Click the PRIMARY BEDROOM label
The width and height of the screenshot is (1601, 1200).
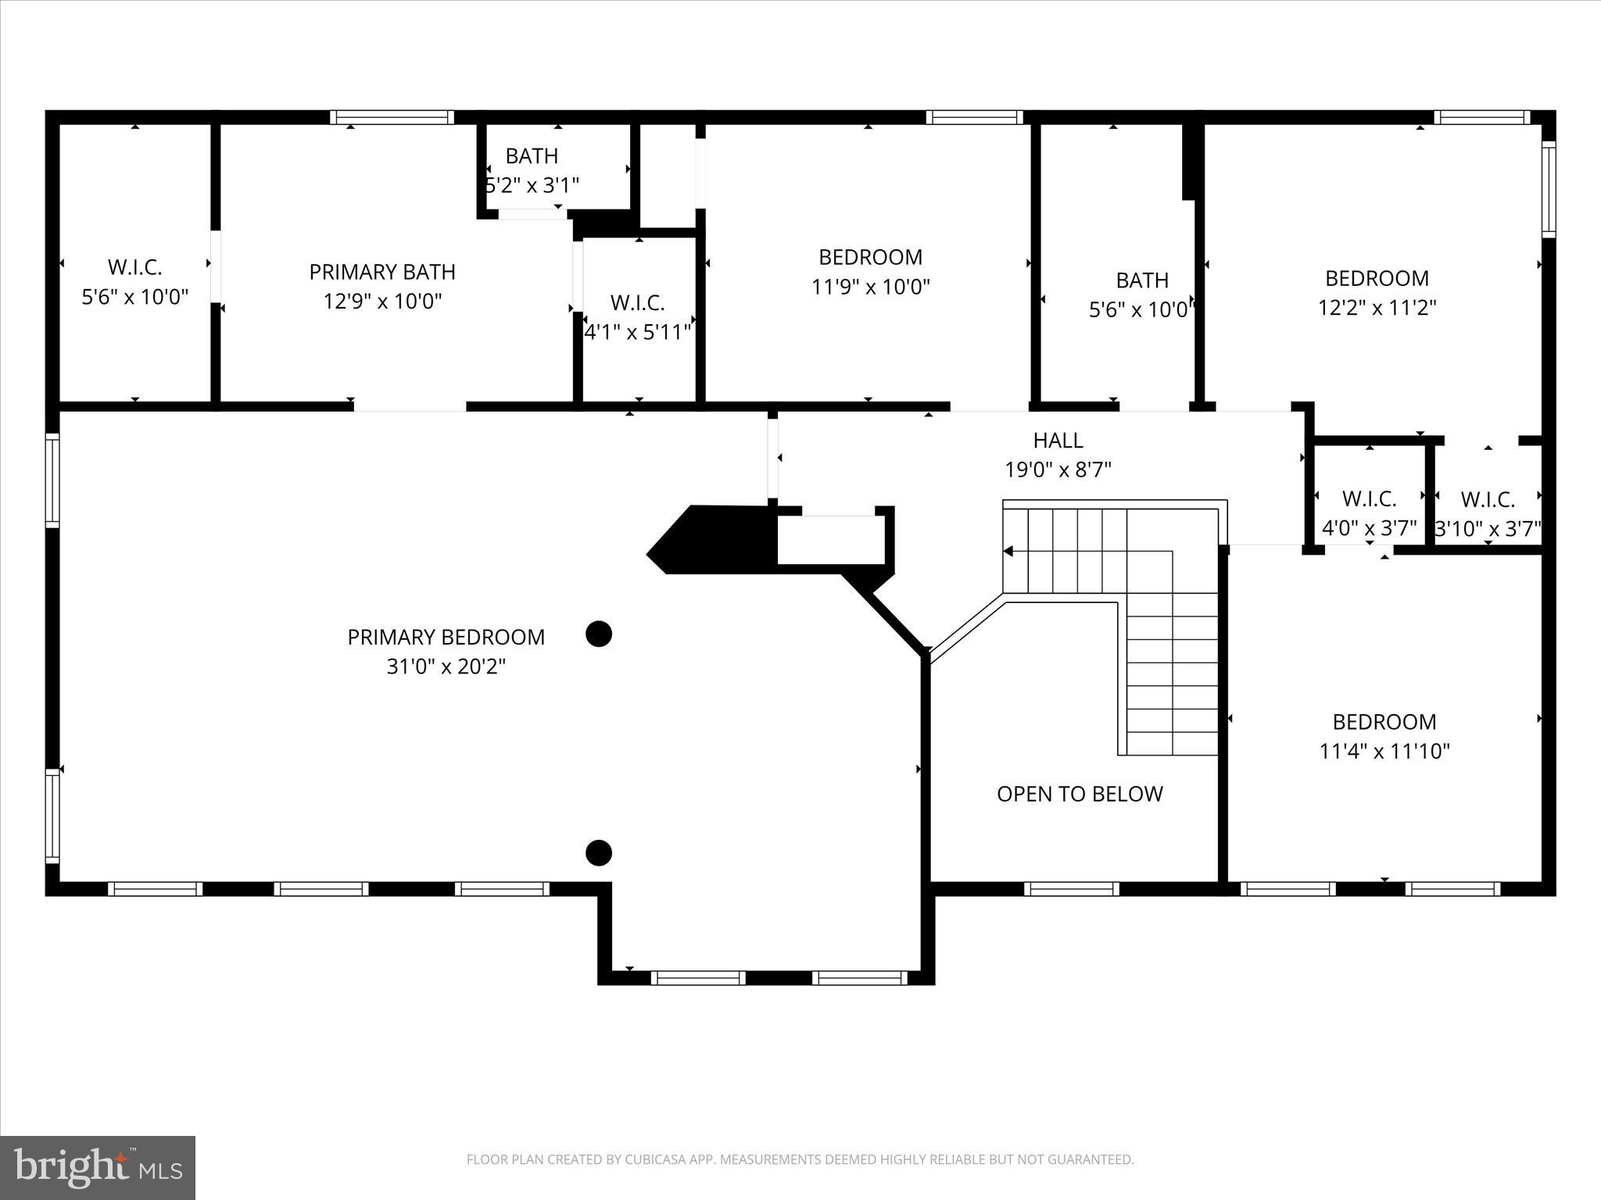[446, 637]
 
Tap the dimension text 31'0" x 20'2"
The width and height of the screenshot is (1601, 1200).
[446, 666]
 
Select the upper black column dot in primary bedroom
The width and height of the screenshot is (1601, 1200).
[599, 634]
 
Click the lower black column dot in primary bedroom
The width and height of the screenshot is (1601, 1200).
[599, 852]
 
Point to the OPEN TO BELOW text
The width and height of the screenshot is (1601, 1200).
[1080, 794]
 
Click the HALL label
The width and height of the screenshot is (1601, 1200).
[1058, 441]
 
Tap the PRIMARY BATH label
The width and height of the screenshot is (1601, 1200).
[382, 272]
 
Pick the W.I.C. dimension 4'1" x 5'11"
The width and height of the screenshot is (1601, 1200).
[638, 332]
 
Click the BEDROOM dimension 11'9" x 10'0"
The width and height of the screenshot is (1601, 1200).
[870, 287]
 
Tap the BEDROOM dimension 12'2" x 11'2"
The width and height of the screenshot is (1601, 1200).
[1377, 308]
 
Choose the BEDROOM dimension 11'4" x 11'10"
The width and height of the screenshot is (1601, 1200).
[1384, 752]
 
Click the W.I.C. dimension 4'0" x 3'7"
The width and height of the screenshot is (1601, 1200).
[1369, 529]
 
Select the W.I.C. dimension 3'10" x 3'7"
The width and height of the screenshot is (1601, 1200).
[1488, 530]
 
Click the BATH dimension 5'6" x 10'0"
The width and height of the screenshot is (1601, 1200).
[1141, 310]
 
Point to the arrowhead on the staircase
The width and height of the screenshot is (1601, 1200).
[1008, 552]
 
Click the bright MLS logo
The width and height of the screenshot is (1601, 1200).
[98, 1167]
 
